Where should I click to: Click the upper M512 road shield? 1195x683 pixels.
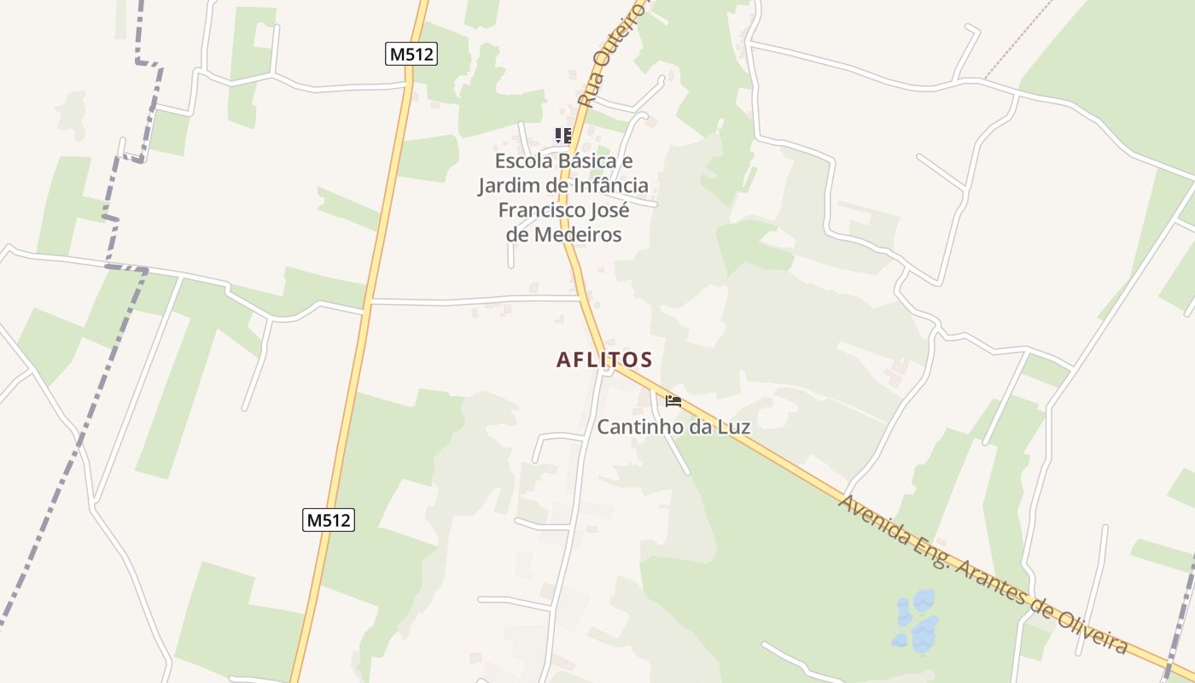(x=411, y=54)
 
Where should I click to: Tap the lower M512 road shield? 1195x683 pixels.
(x=329, y=519)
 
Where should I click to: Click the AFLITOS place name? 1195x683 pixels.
(x=604, y=359)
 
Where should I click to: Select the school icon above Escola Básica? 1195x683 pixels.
(x=563, y=136)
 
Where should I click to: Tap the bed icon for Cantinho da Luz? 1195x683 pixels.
(x=673, y=400)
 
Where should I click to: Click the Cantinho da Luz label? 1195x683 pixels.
(x=673, y=426)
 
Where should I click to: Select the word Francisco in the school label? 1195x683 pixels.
(x=540, y=210)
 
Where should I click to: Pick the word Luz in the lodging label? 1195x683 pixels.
(x=733, y=426)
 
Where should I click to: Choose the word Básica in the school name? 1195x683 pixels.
(x=587, y=161)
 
